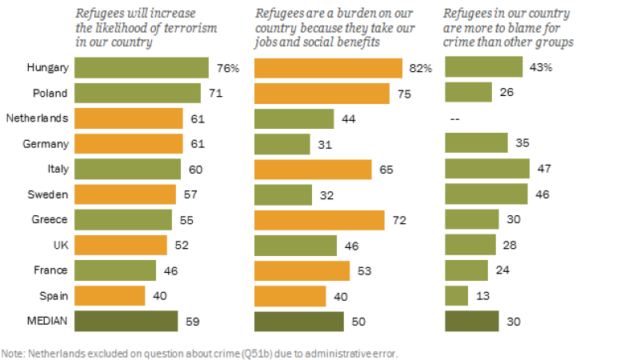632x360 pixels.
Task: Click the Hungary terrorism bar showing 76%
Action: tap(142, 68)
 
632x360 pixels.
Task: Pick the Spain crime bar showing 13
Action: tap(457, 295)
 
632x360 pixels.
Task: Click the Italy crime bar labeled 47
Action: tap(487, 169)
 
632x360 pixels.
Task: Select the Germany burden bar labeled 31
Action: tap(282, 144)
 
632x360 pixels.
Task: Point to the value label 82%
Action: tap(421, 68)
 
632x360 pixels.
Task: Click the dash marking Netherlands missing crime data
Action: tap(455, 118)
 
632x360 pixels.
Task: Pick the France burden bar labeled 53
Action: tap(302, 270)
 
